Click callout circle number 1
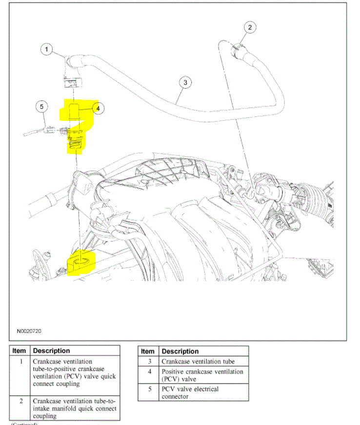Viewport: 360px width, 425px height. tap(46, 49)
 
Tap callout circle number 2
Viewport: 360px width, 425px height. tap(249, 27)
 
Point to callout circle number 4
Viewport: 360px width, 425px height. tap(98, 109)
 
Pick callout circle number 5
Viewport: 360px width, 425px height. tap(41, 107)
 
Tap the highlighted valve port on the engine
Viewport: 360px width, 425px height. tap(81, 264)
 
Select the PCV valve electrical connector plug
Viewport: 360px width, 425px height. tap(50, 130)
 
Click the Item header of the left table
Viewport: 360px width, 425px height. tap(19, 350)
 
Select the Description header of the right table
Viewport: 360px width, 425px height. tap(180, 351)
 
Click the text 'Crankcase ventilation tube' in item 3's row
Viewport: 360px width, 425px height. tap(198, 362)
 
